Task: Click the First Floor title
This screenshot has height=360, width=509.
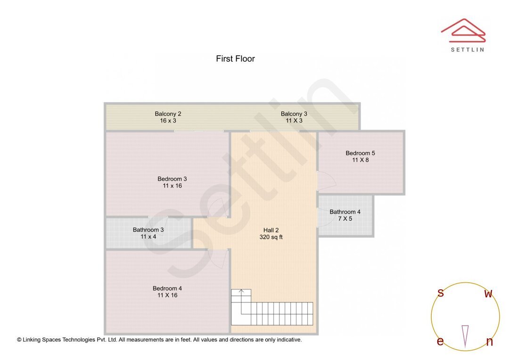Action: (235, 59)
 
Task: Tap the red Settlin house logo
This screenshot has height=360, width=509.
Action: (463, 29)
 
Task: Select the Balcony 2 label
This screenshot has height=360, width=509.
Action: (168, 114)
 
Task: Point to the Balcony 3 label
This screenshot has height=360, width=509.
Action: (294, 114)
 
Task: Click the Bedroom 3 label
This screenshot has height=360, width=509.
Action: (172, 179)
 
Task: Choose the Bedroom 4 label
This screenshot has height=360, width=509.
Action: (167, 288)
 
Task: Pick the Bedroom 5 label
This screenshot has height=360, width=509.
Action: (360, 153)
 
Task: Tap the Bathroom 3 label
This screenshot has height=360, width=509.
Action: (148, 230)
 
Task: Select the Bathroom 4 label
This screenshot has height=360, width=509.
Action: (345, 212)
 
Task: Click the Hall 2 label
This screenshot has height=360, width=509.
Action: (271, 230)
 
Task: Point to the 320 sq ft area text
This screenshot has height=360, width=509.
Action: (271, 237)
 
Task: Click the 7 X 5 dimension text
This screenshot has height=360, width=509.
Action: (345, 219)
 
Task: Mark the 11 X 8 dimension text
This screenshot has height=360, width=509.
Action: (360, 160)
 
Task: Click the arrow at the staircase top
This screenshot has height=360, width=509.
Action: (241, 292)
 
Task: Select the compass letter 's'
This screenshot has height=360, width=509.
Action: (440, 293)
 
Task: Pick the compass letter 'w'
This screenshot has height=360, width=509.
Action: (488, 294)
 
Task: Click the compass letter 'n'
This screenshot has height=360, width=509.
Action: (489, 342)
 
